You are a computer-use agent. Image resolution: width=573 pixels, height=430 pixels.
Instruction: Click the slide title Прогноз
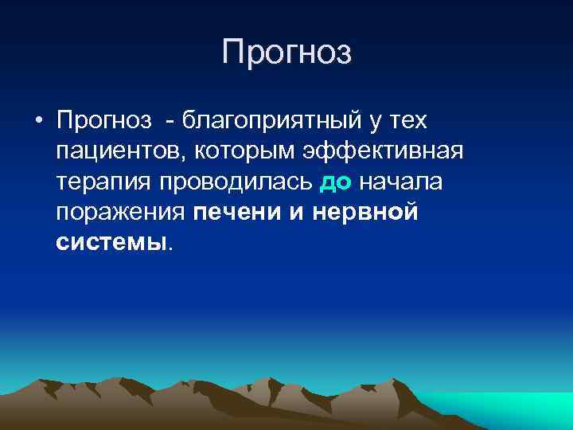pos(286,52)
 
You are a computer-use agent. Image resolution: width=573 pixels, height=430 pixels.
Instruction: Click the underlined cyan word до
pos(334,182)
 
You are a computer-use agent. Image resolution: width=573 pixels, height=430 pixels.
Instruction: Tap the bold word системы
pos(111,242)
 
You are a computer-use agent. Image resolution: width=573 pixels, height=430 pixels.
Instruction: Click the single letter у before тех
pos(372,123)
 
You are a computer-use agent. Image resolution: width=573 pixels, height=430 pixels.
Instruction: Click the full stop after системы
pos(170,248)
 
